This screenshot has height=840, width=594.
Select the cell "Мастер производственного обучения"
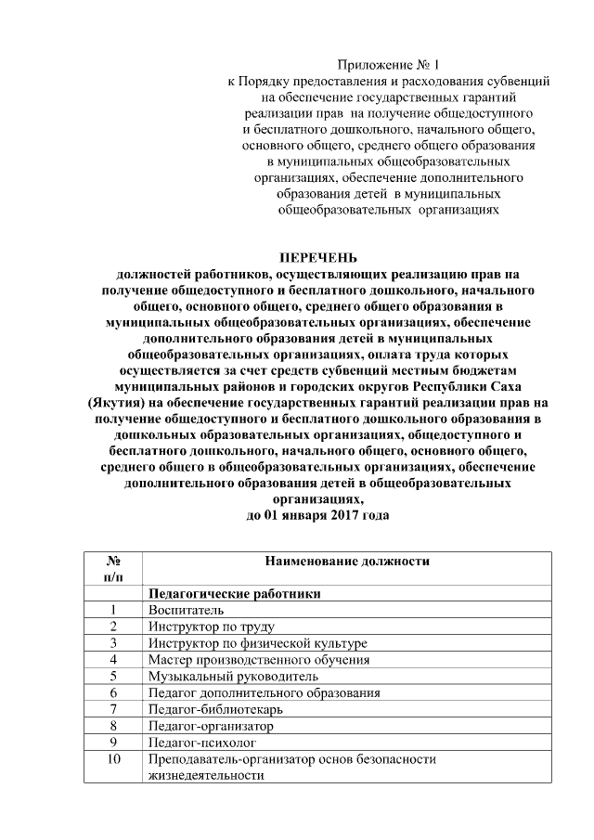tap(258, 659)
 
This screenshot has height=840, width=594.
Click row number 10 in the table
tap(112, 759)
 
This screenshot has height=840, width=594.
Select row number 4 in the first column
tap(112, 659)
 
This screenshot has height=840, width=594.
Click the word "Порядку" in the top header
tap(269, 81)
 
